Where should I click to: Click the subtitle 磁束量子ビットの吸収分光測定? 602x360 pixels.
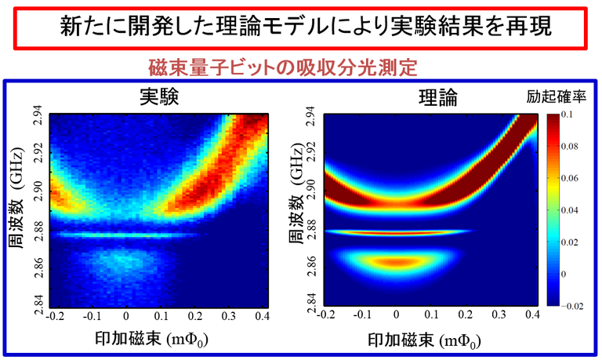coord(301,67)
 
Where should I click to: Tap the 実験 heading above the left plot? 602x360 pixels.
coord(159,96)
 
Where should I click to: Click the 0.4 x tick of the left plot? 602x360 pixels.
coord(263,316)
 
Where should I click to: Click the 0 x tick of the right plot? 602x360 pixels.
coord(397,317)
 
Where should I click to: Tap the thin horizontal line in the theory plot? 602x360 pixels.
coord(396,231)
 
